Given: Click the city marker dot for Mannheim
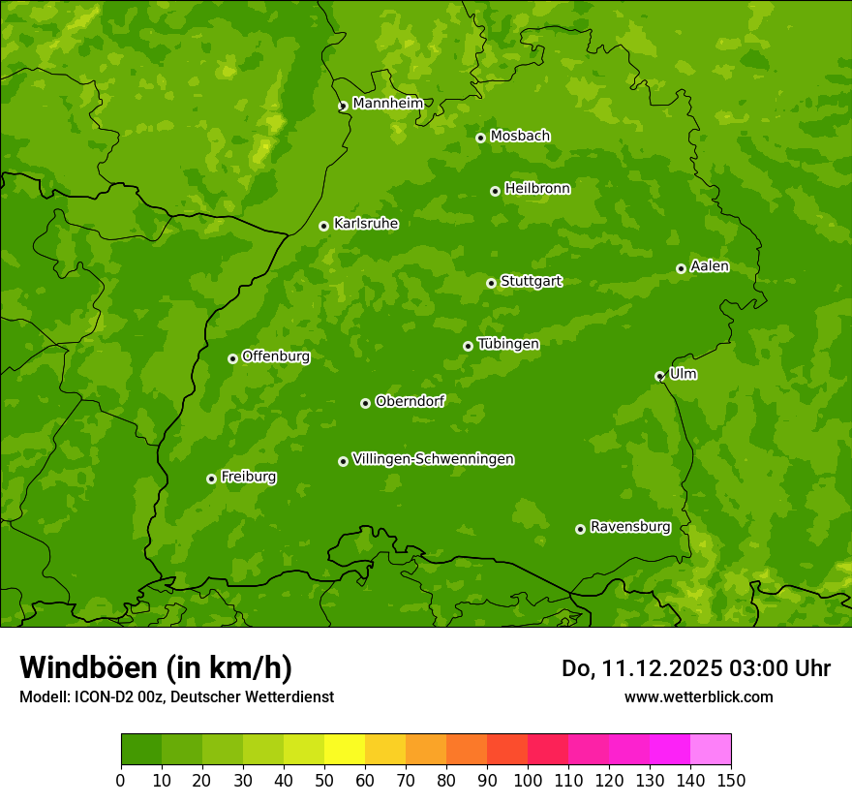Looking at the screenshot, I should coord(343,107).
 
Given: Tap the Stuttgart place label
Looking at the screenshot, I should coord(531,281).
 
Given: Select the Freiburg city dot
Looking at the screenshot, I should coord(211,479).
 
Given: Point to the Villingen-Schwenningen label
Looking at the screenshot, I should coord(433,459).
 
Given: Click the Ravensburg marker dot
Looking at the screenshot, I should coord(580,529).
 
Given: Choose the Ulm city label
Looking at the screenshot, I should coord(683,374).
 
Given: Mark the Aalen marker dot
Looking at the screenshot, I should coord(681,268).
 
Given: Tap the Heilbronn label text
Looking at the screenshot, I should coord(537,189).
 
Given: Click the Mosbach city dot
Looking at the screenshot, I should coord(480,138).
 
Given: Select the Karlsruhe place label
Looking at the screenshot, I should coord(365,224).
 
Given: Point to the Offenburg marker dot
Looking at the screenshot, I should coord(232,358).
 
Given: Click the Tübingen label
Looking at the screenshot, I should coord(508,344).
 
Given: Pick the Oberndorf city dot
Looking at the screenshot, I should coord(365,403).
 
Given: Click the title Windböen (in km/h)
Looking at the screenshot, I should coord(155,667).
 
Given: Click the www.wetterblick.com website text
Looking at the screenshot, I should coord(698,696).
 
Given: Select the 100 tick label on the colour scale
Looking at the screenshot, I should coord(528,779).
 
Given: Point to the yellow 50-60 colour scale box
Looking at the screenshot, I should coord(345,750).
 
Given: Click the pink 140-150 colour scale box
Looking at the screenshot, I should coord(710,750).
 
